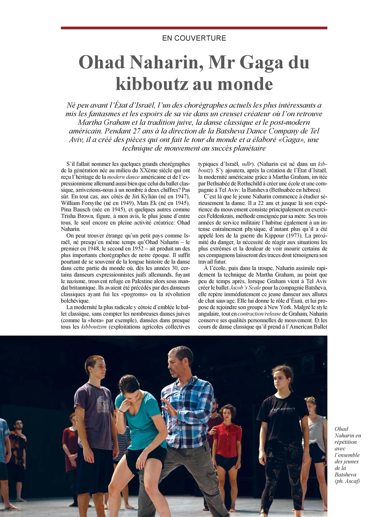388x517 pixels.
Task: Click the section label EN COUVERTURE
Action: click(x=194, y=38)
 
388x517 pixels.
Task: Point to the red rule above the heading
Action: click(x=194, y=28)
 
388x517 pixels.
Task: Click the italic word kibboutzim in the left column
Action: click(x=94, y=327)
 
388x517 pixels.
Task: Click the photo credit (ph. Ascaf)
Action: click(x=347, y=481)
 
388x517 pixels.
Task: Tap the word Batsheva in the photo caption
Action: click(x=346, y=474)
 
